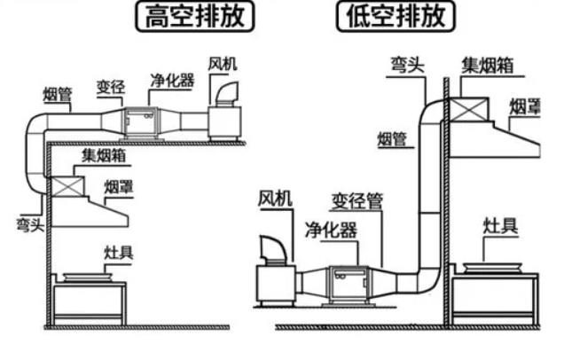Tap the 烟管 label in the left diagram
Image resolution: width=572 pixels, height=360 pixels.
[59, 94]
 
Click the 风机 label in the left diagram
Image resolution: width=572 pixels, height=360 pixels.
[223, 65]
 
